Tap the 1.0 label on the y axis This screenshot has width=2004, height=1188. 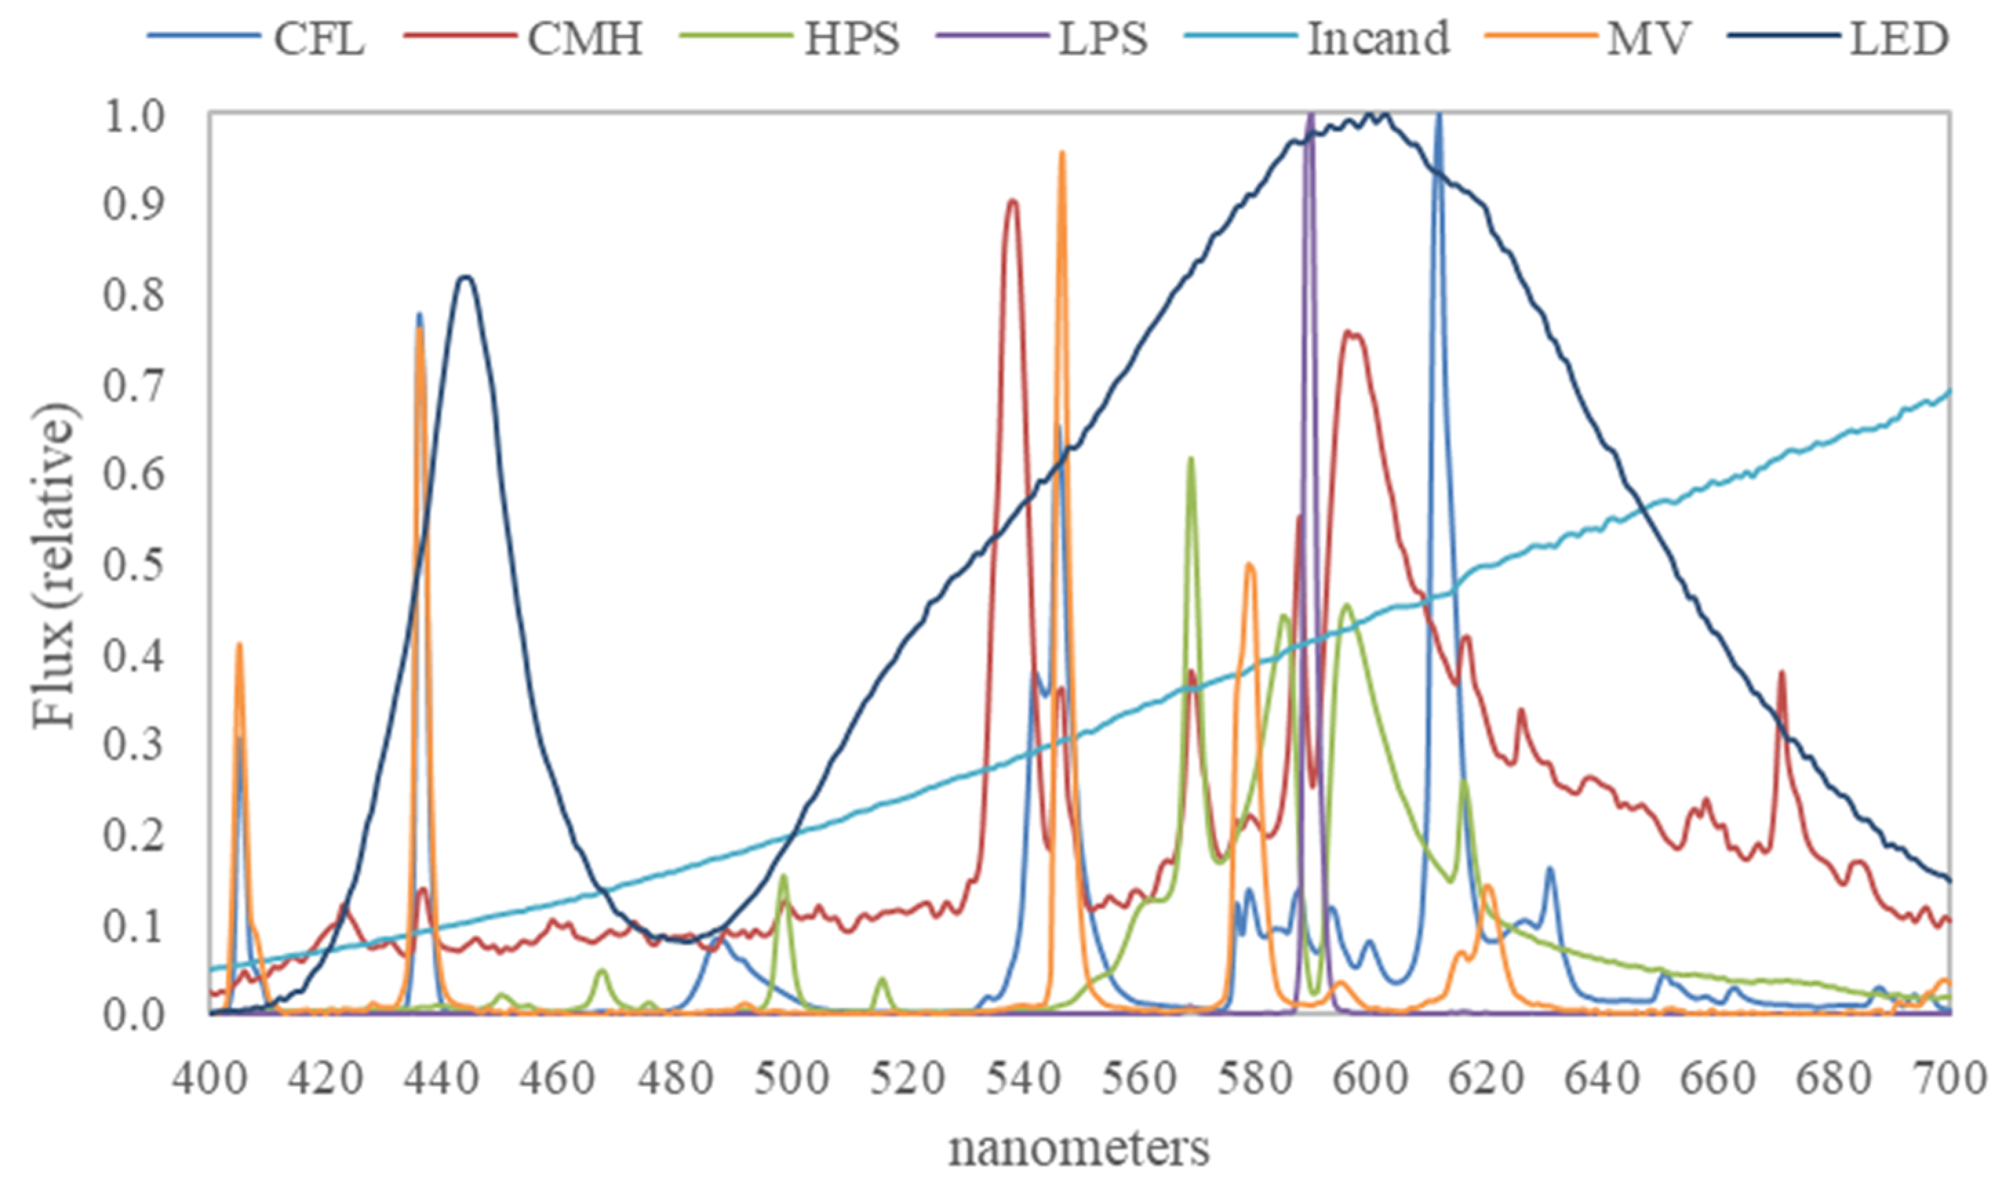[x=133, y=114]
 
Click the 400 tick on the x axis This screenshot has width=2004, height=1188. [x=210, y=1078]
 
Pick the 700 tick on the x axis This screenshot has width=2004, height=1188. [x=1950, y=1078]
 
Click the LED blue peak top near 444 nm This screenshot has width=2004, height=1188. [x=466, y=277]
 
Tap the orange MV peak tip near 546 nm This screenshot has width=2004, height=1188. [x=1062, y=152]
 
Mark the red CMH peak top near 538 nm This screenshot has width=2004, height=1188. [x=1013, y=200]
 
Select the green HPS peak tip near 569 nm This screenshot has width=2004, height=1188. [x=1191, y=458]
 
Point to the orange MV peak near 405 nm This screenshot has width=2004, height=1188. [x=239, y=644]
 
